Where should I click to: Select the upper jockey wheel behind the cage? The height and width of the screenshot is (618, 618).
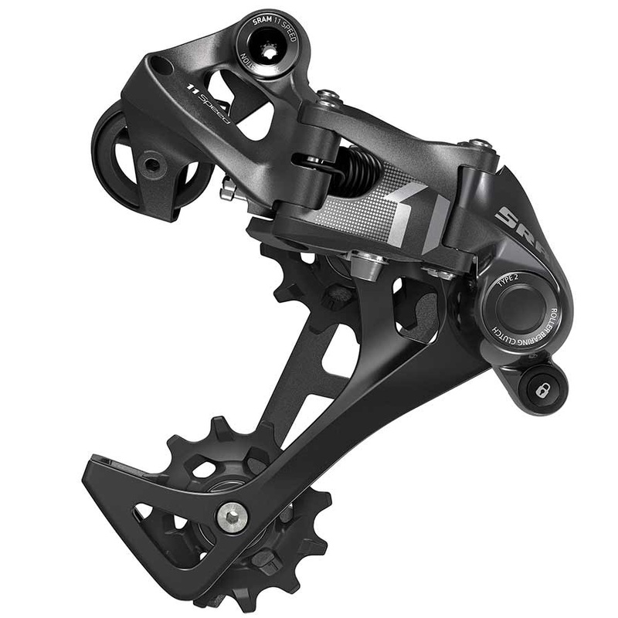tap(309, 282)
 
